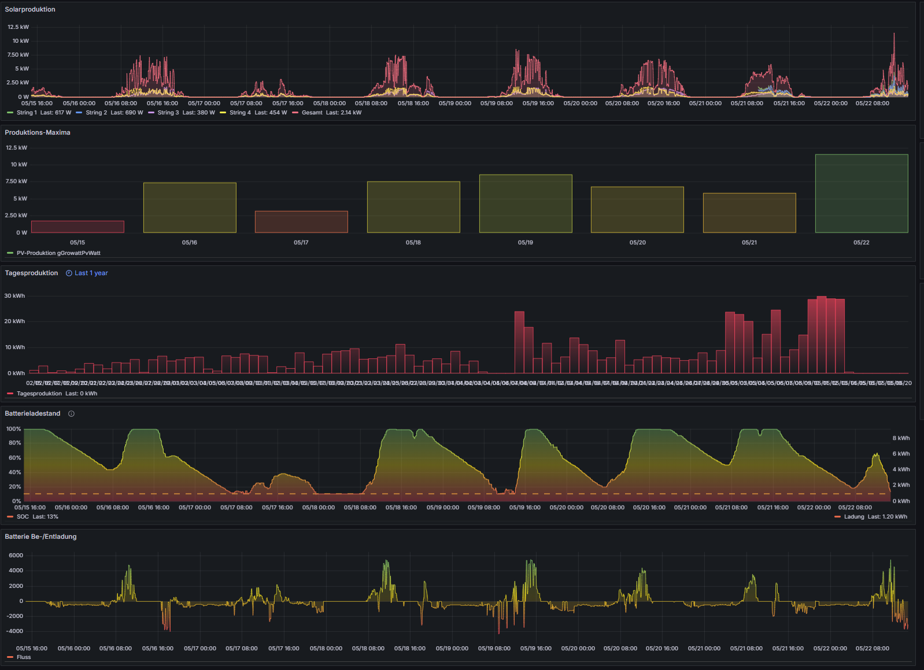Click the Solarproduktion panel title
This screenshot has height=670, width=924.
[x=30, y=9]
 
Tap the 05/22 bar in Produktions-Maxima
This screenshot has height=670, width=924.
[x=861, y=194]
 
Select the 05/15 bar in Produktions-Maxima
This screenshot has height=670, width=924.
[x=77, y=227]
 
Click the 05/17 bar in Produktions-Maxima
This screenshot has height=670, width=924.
[x=301, y=222]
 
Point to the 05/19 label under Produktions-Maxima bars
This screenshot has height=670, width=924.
[x=525, y=243]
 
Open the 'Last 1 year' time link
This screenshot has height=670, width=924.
[x=91, y=273]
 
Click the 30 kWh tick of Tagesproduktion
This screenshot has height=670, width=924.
[x=14, y=296]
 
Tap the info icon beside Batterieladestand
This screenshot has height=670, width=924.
[x=72, y=414]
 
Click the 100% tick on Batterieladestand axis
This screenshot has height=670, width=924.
[x=13, y=429]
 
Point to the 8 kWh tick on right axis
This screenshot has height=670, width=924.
[x=901, y=438]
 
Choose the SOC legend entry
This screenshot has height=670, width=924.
[x=23, y=517]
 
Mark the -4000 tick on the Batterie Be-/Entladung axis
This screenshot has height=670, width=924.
[x=16, y=631]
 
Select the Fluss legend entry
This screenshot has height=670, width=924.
[x=24, y=657]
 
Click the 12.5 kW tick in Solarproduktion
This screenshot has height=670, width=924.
[x=18, y=27]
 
